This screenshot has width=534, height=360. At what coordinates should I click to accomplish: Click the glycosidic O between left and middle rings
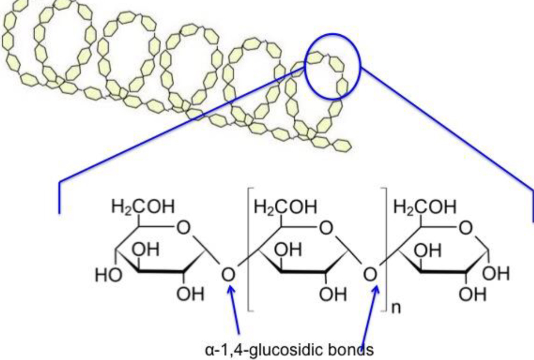pyautogui.click(x=229, y=274)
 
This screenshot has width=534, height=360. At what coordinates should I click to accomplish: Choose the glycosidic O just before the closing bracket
pyautogui.click(x=370, y=274)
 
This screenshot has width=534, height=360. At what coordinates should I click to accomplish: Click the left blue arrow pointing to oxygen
pyautogui.click(x=235, y=310)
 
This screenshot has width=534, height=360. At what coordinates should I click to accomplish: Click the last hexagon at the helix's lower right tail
pyautogui.click(x=342, y=146)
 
